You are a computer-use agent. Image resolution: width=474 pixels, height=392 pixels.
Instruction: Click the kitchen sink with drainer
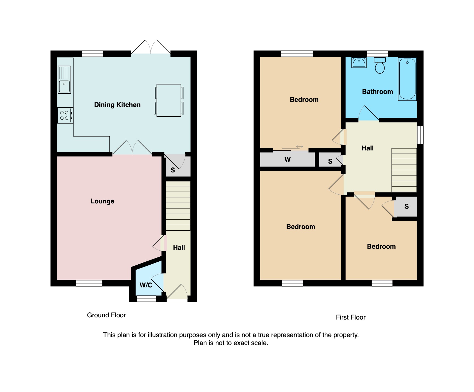pyautogui.click(x=64, y=80)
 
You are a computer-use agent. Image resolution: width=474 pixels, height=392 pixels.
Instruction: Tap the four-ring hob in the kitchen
pyautogui.click(x=65, y=115)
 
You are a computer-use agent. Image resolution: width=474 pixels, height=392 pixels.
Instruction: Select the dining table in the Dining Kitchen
pyautogui.click(x=169, y=100)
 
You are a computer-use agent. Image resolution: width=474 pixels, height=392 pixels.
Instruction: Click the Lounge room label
pyautogui.click(x=102, y=201)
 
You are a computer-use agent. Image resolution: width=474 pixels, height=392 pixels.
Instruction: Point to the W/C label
pyautogui.click(x=146, y=285)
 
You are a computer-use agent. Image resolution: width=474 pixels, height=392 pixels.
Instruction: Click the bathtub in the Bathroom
pyautogui.click(x=407, y=79)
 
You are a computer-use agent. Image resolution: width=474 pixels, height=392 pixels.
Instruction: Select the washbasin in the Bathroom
pyautogui.click(x=359, y=63)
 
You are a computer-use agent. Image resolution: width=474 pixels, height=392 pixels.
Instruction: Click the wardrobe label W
pyautogui.click(x=287, y=160)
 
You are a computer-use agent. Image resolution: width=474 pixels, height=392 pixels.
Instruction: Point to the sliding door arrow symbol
pyautogui.click(x=299, y=147)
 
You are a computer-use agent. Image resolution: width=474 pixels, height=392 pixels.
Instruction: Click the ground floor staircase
pyautogui.click(x=178, y=206)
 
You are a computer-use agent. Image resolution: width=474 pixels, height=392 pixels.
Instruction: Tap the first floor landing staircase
pyautogui.click(x=404, y=170)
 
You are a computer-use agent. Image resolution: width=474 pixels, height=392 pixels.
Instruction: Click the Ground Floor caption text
pyautogui.click(x=106, y=315)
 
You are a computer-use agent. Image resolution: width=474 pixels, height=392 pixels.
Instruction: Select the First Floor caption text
pyautogui.click(x=350, y=317)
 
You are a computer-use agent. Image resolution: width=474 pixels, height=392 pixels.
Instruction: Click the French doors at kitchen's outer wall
pyautogui.click(x=151, y=48)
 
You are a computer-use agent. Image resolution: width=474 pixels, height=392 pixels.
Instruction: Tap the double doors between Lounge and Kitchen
pyautogui.click(x=132, y=148)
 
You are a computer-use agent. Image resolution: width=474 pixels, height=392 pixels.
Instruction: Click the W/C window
pyautogui.click(x=146, y=299)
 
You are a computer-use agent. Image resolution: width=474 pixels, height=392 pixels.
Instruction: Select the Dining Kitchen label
pyautogui.click(x=117, y=105)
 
